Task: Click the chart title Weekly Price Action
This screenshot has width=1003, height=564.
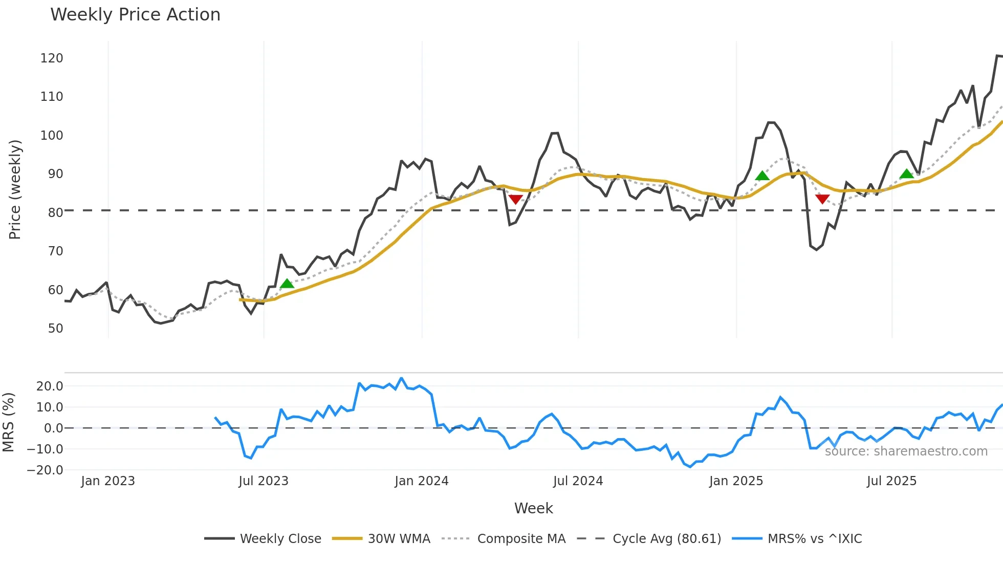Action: (135, 15)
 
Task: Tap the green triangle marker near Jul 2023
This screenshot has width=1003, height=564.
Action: (287, 284)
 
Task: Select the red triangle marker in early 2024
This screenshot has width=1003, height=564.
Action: (516, 199)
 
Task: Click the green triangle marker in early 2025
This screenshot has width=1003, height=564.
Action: (762, 176)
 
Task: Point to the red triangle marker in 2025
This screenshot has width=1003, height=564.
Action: (822, 199)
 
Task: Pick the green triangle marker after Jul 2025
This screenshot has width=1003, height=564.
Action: (906, 174)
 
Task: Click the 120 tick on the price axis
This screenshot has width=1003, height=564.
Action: (52, 58)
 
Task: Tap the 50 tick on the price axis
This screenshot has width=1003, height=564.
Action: (55, 329)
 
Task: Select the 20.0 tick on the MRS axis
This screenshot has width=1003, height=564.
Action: (50, 386)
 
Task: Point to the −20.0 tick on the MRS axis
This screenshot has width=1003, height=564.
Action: (46, 470)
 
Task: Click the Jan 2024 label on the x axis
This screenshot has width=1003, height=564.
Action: (421, 481)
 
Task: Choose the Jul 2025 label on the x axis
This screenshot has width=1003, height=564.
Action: (891, 481)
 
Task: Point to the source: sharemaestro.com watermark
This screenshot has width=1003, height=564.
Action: (906, 451)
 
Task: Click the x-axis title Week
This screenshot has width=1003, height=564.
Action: (533, 508)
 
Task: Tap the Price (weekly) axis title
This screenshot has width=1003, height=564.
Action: (15, 189)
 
